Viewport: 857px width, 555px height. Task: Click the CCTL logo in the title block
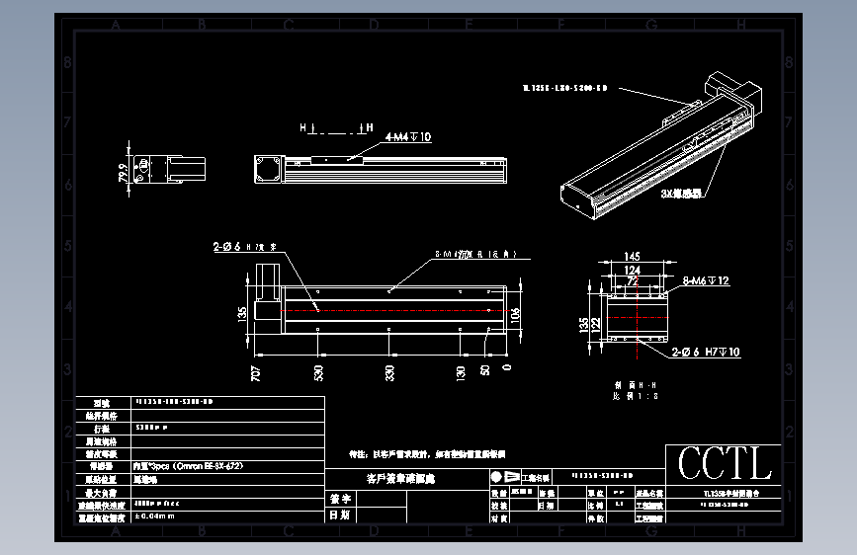[724, 464]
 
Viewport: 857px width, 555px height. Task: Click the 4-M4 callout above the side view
[407, 137]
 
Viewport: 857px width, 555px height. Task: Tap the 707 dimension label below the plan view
[256, 373]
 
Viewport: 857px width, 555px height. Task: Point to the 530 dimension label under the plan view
[318, 373]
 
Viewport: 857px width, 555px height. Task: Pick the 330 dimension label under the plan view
[389, 373]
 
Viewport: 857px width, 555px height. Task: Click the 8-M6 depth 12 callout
[707, 281]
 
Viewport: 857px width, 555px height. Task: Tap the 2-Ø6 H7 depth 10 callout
[706, 352]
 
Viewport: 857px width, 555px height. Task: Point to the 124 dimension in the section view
[632, 270]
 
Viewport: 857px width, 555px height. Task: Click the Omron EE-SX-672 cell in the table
[188, 464]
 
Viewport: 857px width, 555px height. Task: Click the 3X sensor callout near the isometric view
[681, 195]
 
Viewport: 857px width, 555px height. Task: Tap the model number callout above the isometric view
[563, 88]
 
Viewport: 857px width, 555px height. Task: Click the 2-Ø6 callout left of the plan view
[248, 247]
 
